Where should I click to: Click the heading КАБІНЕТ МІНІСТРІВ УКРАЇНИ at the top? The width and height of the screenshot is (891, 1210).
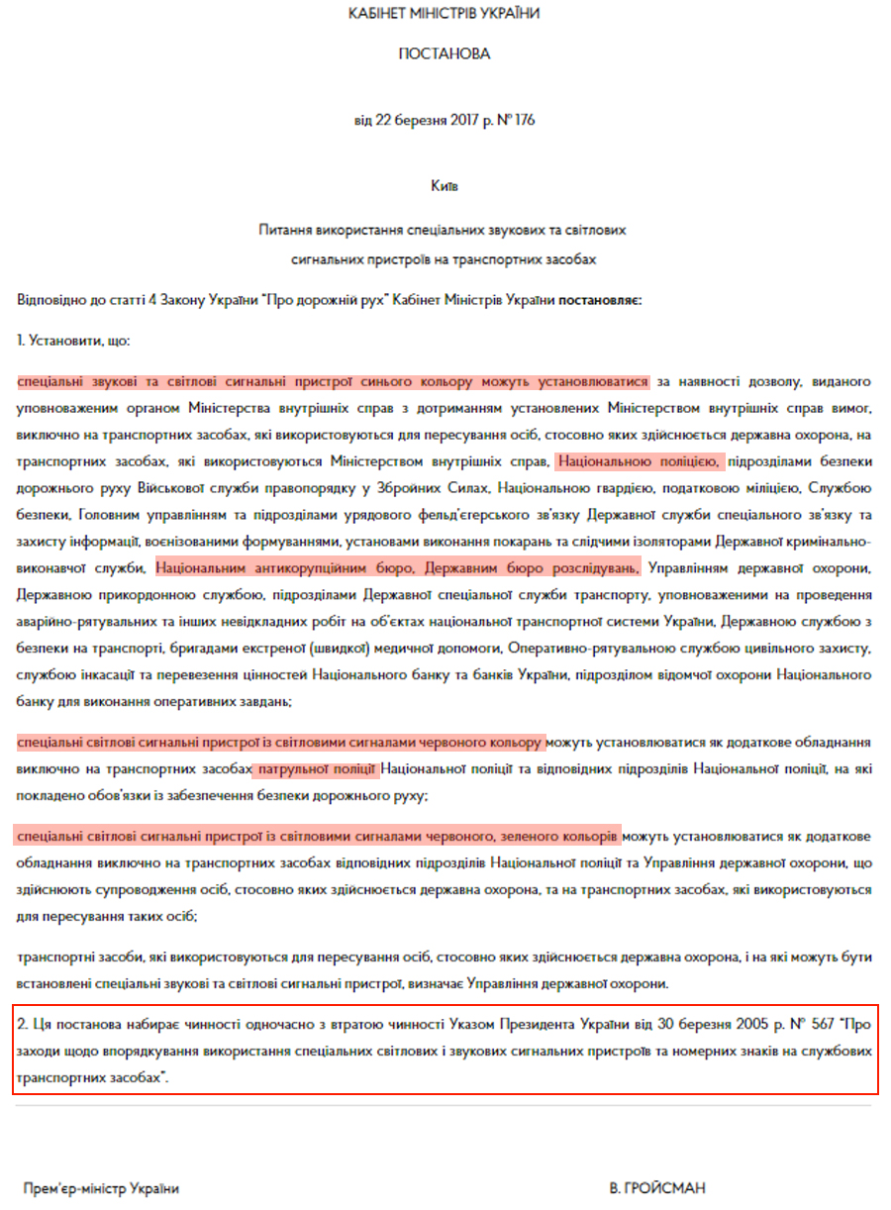(x=445, y=14)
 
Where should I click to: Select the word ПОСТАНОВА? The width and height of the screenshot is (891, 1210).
(x=445, y=54)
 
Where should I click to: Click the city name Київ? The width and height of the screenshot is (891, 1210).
(x=445, y=185)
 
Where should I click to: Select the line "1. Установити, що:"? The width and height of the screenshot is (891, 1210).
(x=73, y=340)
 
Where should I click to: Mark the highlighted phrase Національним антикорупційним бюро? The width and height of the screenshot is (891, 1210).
(x=298, y=569)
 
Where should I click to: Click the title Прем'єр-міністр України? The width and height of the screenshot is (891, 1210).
(x=102, y=1188)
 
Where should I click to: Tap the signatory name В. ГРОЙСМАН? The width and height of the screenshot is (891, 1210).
(x=657, y=1188)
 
